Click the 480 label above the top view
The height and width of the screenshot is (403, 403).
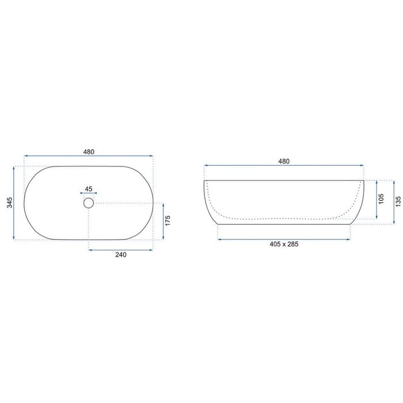89,151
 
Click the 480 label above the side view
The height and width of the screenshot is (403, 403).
284,161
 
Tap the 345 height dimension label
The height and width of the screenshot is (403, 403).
10,203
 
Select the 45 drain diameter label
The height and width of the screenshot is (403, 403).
89,189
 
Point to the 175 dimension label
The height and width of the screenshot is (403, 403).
168,220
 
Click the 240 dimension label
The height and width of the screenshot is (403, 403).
121,254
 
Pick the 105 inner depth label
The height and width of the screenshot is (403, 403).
381,199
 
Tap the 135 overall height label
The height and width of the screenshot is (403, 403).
398,201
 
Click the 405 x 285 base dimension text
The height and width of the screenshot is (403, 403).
284,244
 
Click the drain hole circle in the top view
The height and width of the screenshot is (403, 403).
89,198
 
